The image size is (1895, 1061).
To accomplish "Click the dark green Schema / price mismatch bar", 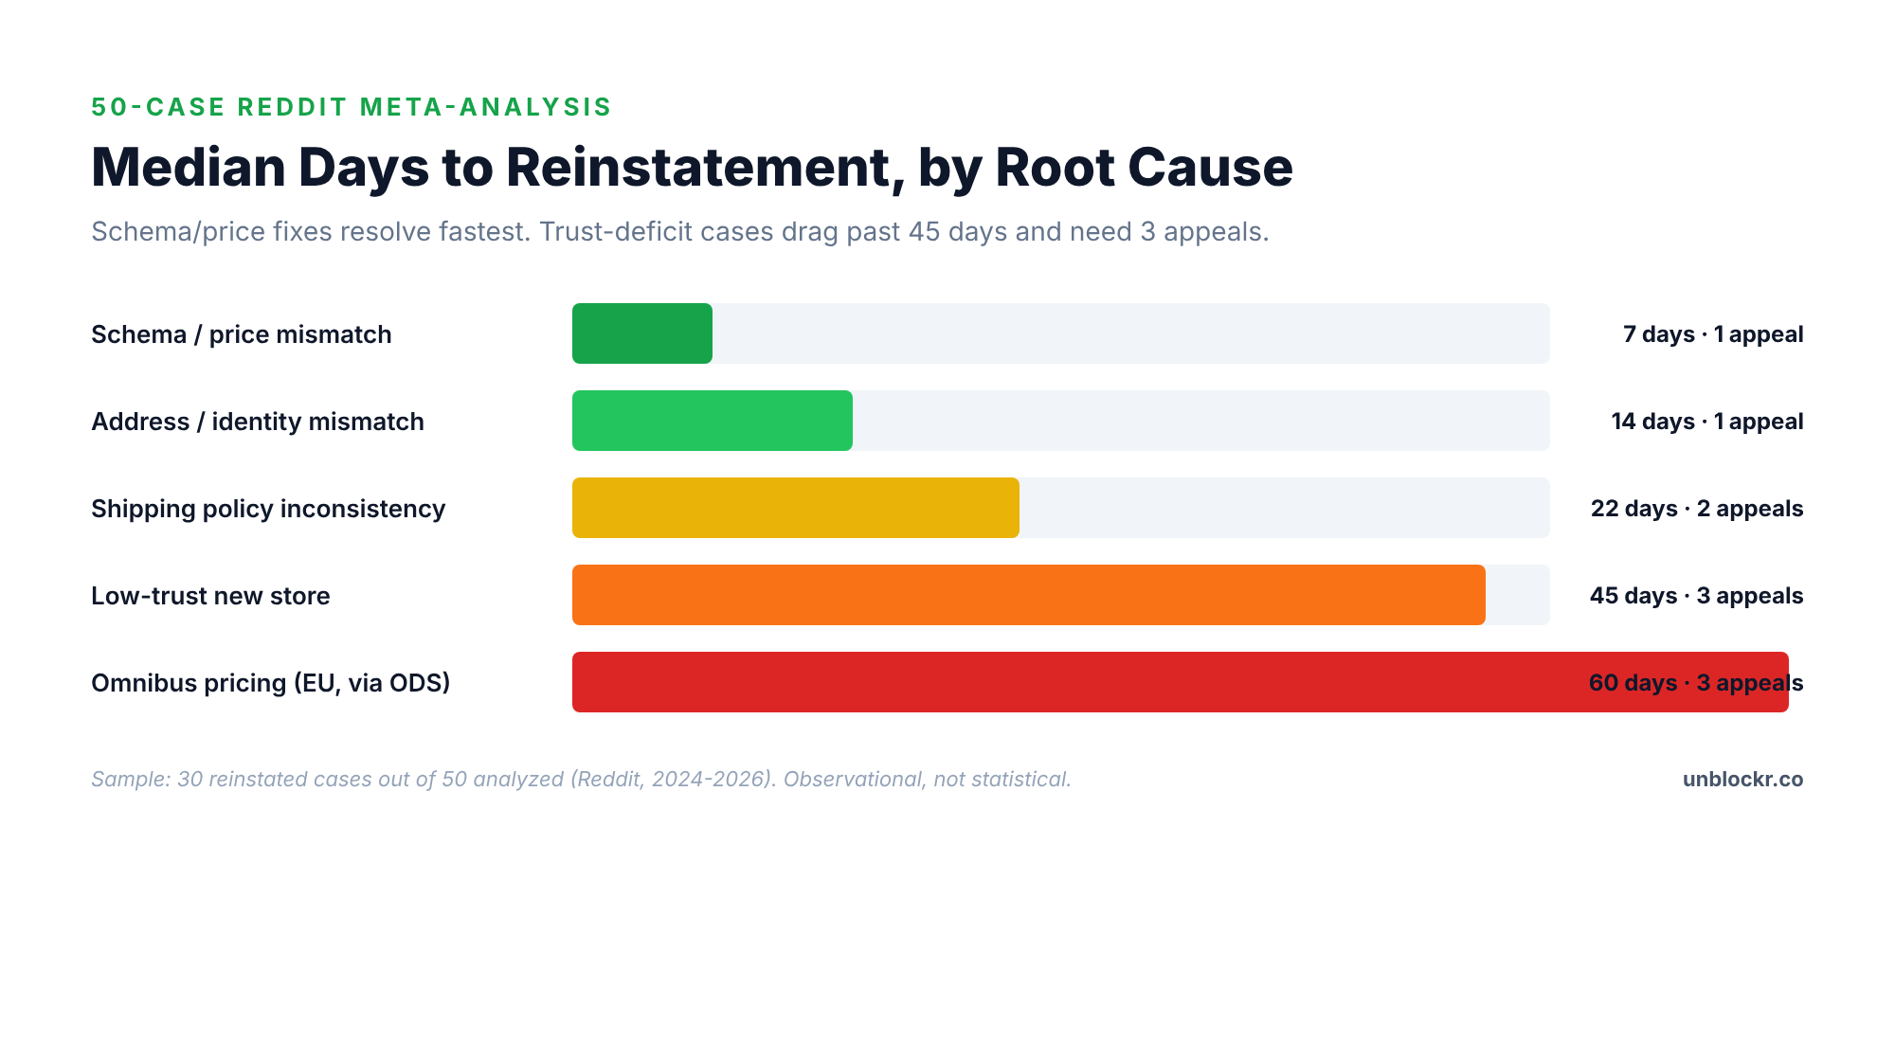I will [641, 333].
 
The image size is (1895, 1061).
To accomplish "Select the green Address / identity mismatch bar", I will [712, 421].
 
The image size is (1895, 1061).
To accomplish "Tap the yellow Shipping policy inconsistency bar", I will [795, 508].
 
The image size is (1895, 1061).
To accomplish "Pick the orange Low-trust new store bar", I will [1028, 595].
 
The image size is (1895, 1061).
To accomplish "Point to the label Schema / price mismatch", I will [241, 334].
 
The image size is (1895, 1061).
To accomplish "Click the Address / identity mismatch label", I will [257, 422].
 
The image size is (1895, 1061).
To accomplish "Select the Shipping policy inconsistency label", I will [267, 509].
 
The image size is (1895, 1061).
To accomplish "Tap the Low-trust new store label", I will [210, 596].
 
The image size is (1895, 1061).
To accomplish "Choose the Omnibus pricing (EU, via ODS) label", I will [270, 683].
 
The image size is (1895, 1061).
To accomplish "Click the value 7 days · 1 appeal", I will [1712, 334].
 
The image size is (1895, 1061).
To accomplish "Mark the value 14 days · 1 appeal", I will [1706, 422].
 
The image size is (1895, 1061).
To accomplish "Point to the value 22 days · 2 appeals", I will [1696, 509].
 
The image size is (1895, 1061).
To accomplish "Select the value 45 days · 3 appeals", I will [1696, 596].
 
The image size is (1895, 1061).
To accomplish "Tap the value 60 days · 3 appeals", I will [1695, 683].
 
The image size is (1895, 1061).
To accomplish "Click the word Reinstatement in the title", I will [698, 168].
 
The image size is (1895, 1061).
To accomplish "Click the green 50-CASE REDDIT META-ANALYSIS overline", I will [352, 107].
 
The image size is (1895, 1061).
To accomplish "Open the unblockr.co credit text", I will [1742, 779].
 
